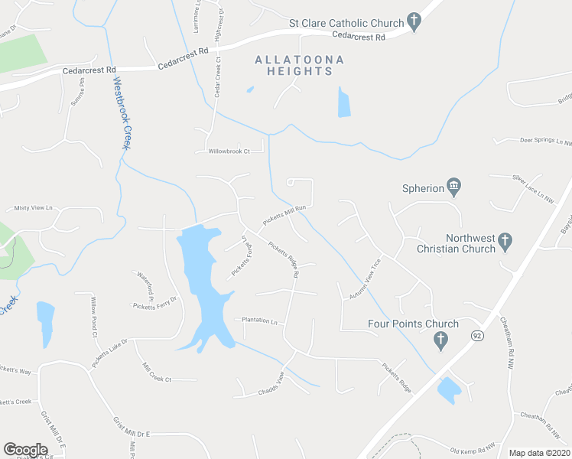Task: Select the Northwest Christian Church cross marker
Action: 504,242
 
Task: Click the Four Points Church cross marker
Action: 440,341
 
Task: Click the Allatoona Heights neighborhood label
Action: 300,65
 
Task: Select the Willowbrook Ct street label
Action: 229,151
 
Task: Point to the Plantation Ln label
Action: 259,321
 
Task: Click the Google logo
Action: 25,449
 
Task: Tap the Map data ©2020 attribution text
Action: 539,453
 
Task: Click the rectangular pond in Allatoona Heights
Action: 344,103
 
